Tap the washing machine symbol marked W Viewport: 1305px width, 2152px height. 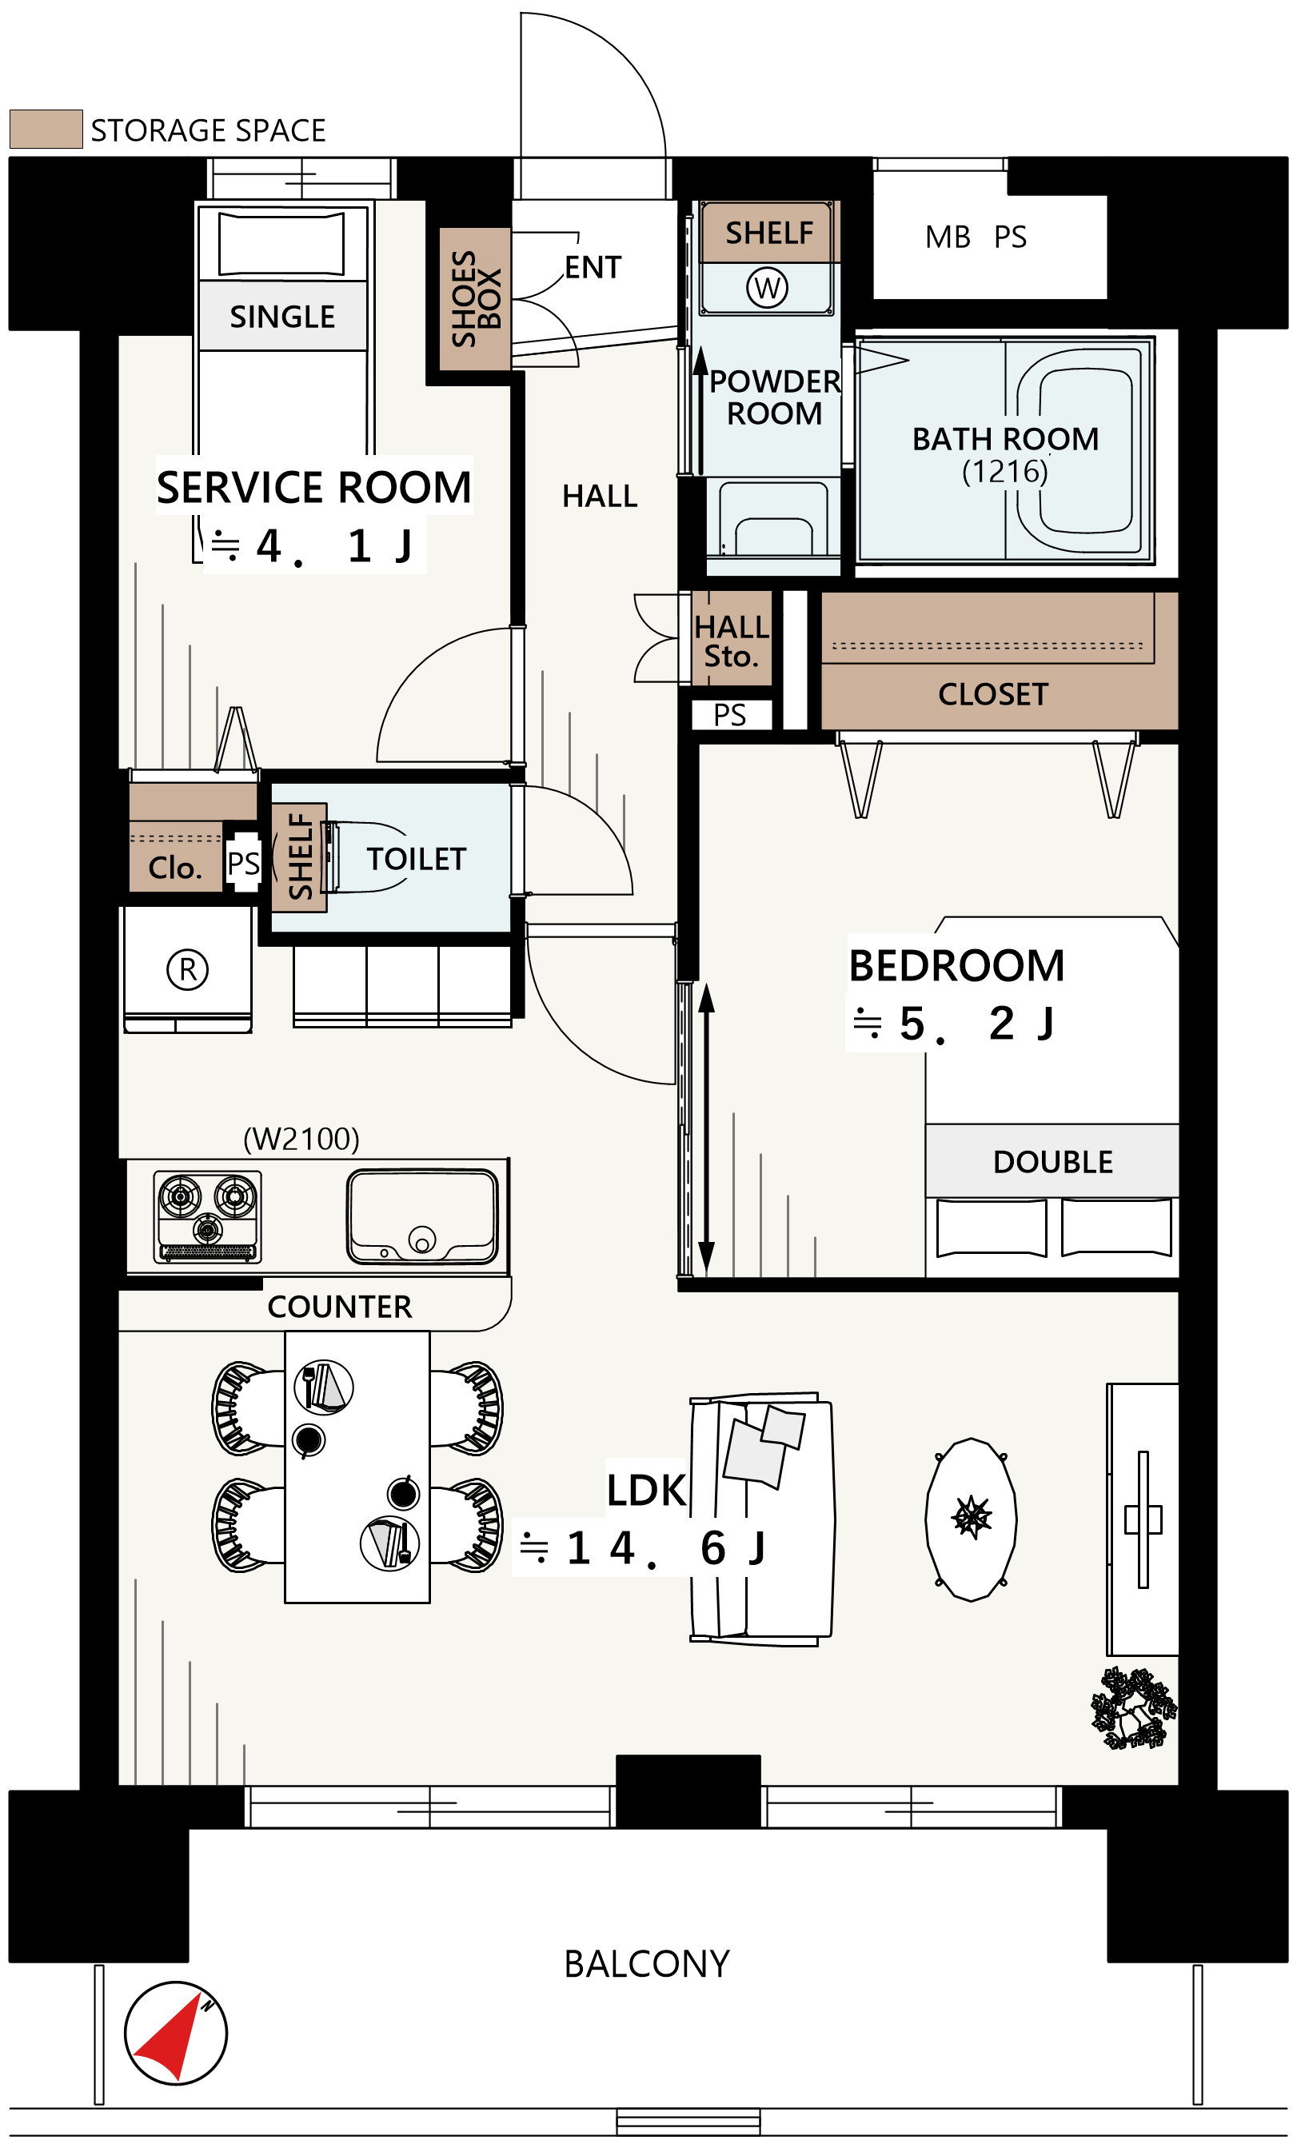[768, 287]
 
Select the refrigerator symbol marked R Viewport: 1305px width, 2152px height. [188, 969]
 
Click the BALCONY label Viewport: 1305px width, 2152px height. [647, 1964]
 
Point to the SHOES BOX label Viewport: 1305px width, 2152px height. [476, 299]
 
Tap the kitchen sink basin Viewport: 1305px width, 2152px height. [423, 1216]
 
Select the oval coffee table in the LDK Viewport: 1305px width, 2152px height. [972, 1519]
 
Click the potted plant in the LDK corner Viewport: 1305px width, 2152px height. [1134, 1709]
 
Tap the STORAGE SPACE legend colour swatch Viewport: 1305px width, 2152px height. [46, 130]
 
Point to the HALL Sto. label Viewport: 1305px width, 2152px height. [732, 642]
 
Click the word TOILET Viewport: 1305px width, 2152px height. [417, 860]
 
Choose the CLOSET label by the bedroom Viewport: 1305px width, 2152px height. [993, 694]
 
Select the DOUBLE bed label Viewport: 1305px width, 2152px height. [1053, 1163]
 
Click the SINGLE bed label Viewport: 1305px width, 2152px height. [282, 317]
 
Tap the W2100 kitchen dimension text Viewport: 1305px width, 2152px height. [301, 1139]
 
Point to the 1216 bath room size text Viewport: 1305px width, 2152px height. [1004, 472]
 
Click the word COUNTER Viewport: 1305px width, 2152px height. [340, 1308]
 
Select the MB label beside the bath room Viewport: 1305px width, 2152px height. [948, 238]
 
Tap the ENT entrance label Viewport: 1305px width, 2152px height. [593, 267]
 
